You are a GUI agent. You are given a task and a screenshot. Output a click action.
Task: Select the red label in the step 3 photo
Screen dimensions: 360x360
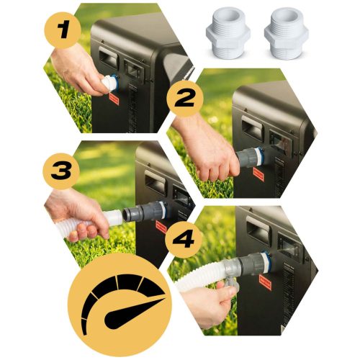161,228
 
